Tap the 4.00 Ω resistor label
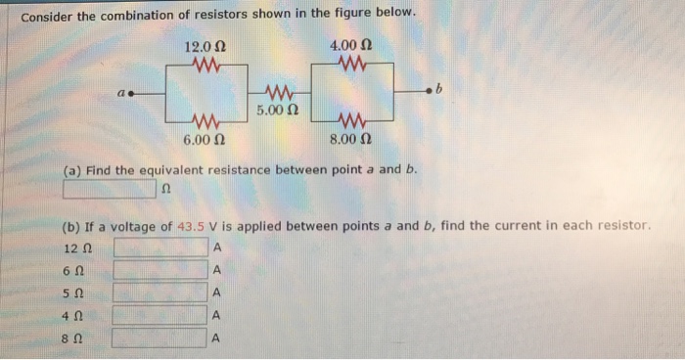point(350,46)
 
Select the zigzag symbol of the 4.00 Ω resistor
point(351,65)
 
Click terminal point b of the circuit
point(427,92)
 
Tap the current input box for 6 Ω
point(160,269)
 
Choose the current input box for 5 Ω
point(160,292)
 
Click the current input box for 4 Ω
point(160,315)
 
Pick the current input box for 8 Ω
point(160,338)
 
